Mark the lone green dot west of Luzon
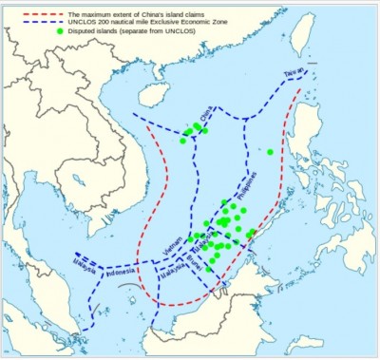270,152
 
